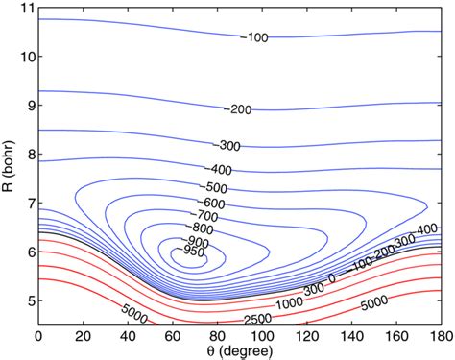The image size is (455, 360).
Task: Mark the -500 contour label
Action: pyautogui.click(x=216, y=186)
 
